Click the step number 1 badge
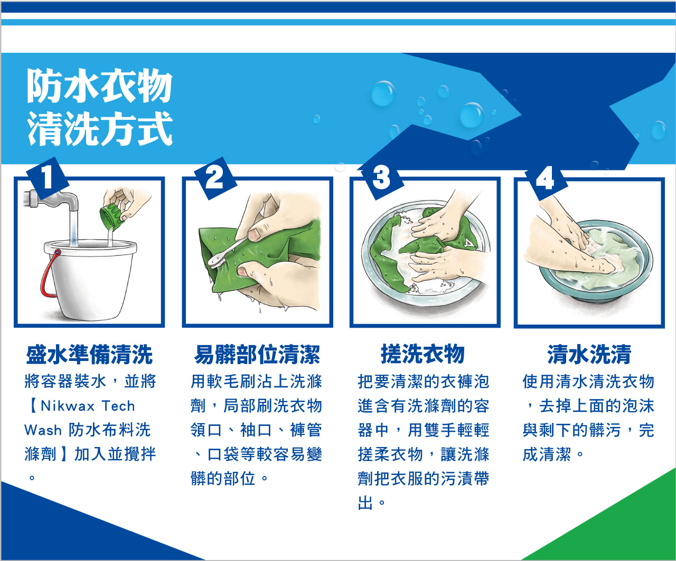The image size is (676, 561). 48,178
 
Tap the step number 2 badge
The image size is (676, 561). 215,178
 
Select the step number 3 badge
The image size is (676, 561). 382,178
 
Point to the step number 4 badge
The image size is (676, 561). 546,179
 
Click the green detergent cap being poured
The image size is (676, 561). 112,216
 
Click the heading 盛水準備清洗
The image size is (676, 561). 89,355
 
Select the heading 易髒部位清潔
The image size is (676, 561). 257,355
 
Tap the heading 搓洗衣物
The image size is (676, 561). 423,354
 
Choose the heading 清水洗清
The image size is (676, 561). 589,355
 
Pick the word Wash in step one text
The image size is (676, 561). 43,430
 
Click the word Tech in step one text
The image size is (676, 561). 118,406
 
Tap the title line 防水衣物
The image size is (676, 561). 99,85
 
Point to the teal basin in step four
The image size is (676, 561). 595,262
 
